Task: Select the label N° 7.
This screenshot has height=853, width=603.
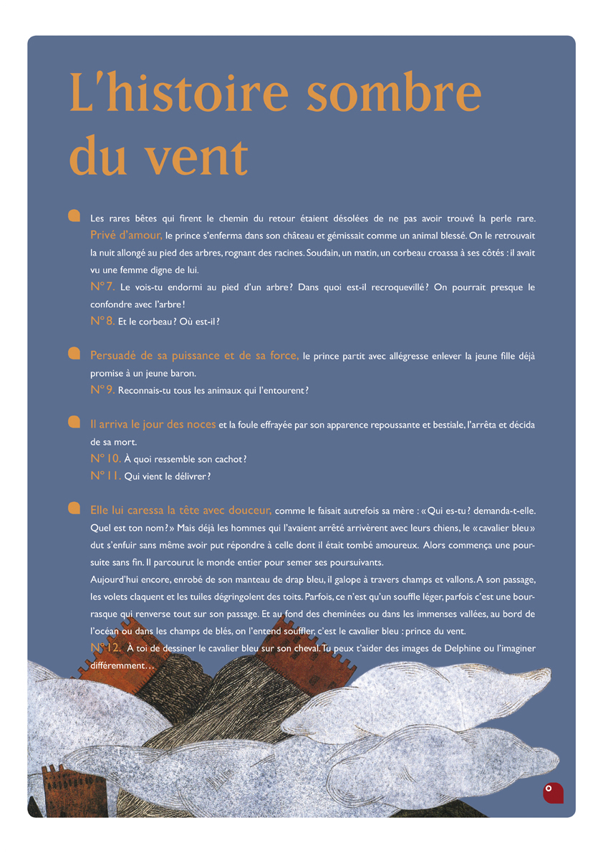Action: coord(102,286)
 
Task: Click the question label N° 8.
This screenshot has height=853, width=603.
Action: coord(102,321)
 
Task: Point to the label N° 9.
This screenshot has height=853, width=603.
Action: coord(102,390)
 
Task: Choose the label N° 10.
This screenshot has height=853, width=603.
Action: coord(105,458)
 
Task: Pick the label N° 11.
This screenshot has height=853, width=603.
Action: coord(105,476)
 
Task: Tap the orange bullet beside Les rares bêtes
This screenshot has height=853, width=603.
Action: coord(73,215)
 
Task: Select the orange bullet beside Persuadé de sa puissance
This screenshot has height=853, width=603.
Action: coord(73,353)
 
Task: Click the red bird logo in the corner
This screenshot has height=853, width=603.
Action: coord(553,792)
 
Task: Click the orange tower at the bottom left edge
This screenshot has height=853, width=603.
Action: coord(56,791)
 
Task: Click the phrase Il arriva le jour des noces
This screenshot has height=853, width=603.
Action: coord(153,425)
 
